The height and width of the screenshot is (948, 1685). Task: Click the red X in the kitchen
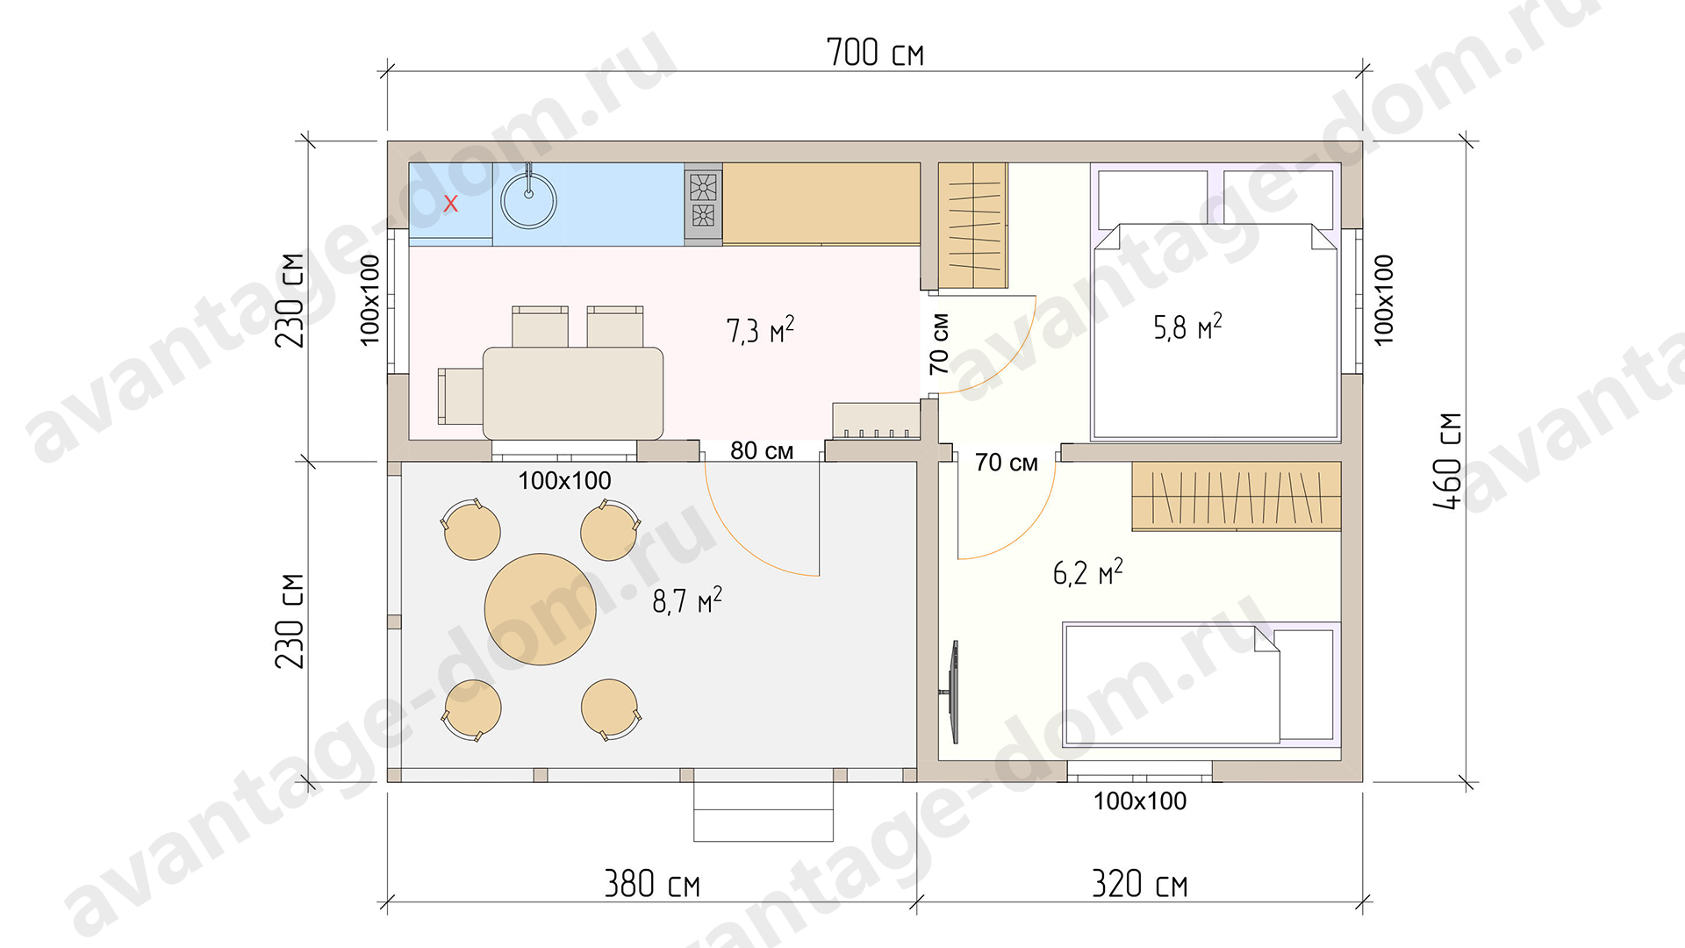pos(450,204)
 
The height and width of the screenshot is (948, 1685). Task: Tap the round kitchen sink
pos(528,200)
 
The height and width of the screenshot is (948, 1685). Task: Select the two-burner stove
pos(703,201)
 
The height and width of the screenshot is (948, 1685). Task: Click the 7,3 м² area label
pos(760,329)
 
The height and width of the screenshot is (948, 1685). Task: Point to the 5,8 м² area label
pos(1187,327)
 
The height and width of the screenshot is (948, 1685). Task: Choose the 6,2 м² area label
pos(1088,572)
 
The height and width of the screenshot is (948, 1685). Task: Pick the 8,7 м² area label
pos(687,600)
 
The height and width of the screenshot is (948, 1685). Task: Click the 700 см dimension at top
pos(875,52)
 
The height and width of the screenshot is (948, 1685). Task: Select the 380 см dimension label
pos(652,883)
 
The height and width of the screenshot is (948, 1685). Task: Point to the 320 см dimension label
pos(1139,883)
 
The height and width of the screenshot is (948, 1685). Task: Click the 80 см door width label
pos(762,450)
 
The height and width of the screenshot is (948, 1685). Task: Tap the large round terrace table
pos(541,609)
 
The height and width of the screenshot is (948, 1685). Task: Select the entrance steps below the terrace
pos(764,812)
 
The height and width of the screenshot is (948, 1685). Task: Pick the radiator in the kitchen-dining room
pos(876,420)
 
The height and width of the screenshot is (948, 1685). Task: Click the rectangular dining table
pos(573,393)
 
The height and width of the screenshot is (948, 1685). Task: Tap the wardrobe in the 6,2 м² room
pos(1237,496)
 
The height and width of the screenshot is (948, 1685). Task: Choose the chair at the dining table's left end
pos(460,396)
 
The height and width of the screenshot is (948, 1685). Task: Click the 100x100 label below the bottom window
pos(1139,801)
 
